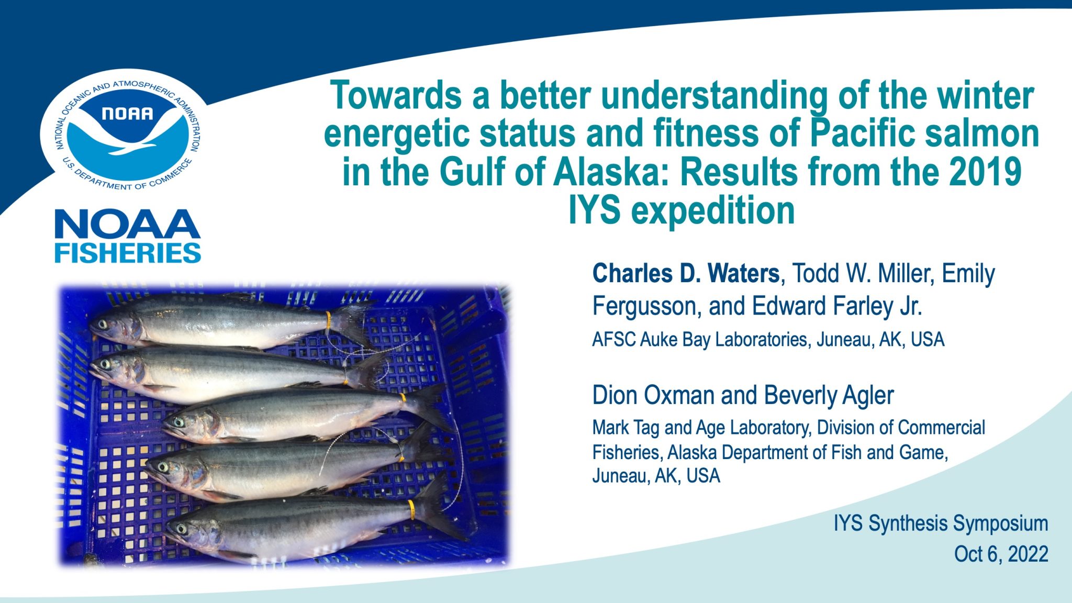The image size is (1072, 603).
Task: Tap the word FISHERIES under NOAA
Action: coord(128,253)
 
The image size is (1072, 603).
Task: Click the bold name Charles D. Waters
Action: coord(686,274)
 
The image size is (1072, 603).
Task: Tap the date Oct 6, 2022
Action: coord(1001,554)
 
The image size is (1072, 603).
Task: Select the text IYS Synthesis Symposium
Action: coord(941,523)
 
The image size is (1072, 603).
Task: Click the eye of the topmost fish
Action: coord(103,324)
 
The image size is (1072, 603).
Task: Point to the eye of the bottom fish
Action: coord(181,528)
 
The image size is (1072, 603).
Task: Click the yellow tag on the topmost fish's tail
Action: coord(328,318)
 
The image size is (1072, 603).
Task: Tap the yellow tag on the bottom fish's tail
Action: coord(411,509)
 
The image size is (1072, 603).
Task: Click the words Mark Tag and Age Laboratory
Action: coord(701,428)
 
